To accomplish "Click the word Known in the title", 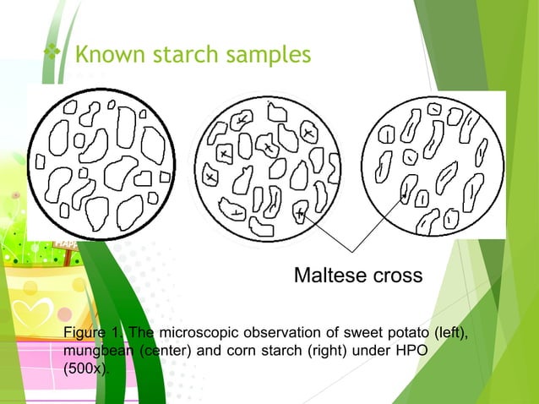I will (106, 56).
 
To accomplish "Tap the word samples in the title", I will (269, 56).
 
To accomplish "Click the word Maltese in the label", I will (329, 276).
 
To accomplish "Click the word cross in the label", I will (395, 276).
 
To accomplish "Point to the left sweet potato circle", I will (102, 162).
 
